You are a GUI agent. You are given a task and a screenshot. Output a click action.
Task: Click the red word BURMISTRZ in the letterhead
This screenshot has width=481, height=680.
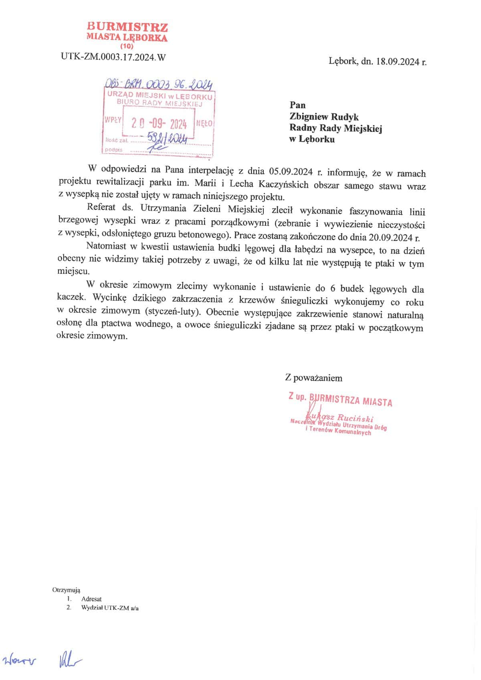coord(127,27)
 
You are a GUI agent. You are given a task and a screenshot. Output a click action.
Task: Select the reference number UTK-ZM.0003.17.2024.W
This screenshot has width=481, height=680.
coord(113,57)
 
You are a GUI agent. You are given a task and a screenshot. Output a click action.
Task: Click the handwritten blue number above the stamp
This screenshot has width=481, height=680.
coord(158,85)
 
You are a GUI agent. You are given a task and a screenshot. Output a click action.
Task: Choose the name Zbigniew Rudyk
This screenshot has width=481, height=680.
coord(324,117)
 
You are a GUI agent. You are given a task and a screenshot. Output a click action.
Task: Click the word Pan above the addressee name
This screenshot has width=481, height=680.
coord(297,105)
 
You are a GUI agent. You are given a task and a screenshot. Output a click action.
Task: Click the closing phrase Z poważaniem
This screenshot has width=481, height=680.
coord(313,378)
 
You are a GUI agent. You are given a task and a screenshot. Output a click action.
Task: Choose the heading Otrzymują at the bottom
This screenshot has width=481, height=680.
coord(66,590)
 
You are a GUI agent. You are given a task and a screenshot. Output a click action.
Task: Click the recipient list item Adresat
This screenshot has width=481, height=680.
coord(91,599)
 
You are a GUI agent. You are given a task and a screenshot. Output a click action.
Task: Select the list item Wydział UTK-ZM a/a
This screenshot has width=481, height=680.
coord(110,607)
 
